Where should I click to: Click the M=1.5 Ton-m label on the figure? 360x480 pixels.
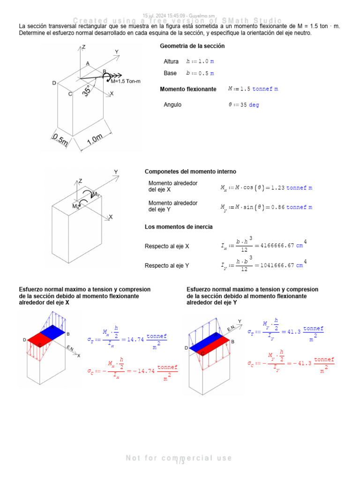point(126,81)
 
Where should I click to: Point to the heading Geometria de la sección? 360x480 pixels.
point(192,46)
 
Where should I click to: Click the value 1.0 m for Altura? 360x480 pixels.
point(206,61)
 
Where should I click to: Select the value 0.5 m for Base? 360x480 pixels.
point(206,73)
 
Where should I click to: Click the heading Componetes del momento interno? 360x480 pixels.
point(190,172)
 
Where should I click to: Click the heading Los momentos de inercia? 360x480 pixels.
point(179,227)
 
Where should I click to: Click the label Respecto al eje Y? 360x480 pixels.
point(167,265)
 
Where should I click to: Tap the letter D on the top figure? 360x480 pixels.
point(54,83)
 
